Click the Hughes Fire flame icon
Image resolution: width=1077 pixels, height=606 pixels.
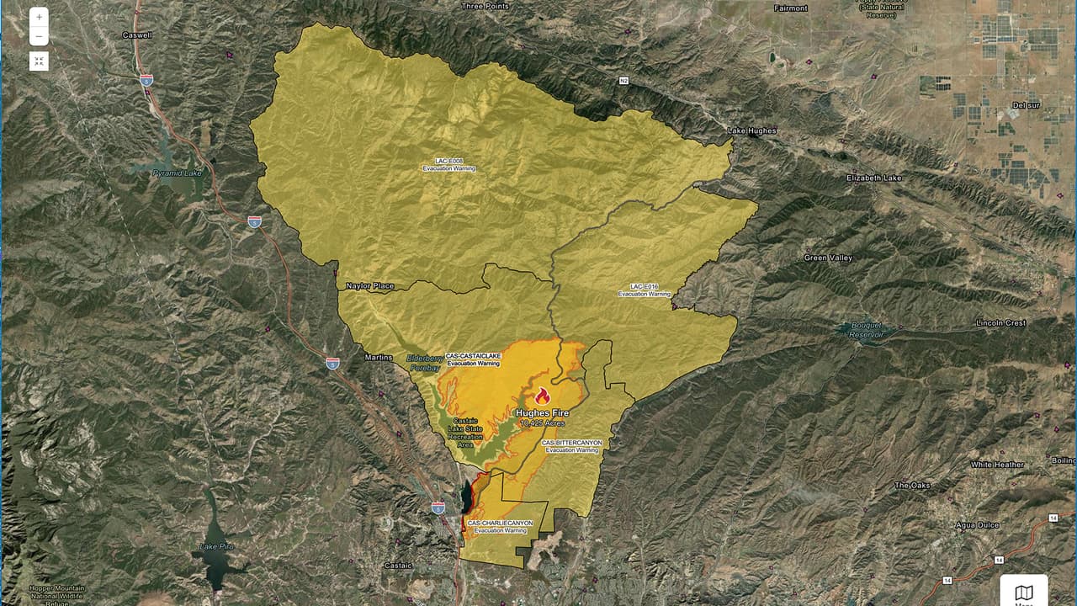pos(542,396)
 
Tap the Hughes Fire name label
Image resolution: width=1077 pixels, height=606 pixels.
pos(543,413)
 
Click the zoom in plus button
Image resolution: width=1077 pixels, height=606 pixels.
pos(39,17)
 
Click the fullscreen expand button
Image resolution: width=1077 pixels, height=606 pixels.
pos(39,61)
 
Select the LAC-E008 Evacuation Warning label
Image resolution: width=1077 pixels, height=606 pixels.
pos(448,164)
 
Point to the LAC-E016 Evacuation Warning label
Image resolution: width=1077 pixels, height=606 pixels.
pos(644,290)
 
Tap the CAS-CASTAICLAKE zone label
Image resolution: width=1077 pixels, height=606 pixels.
pos(473,359)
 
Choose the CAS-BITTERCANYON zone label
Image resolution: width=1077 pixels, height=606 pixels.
pos(572,446)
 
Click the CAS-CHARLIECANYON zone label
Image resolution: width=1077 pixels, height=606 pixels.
pos(500,526)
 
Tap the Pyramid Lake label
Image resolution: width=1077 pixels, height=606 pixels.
pos(178,173)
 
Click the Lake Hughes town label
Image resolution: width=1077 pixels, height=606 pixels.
pos(751,130)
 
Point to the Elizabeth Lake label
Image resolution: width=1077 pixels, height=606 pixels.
pos(873,178)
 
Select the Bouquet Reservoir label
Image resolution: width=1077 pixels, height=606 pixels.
pos(867,329)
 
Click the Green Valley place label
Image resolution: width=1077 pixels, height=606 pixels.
pos(828,258)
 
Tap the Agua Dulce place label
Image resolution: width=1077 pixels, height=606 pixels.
pos(977,525)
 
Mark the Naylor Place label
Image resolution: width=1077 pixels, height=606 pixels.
pos(369,286)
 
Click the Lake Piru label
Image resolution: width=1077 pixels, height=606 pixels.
pos(216,546)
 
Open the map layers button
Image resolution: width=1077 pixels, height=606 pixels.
pos(1024,593)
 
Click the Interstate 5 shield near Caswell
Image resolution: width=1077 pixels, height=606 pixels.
pos(146,80)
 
